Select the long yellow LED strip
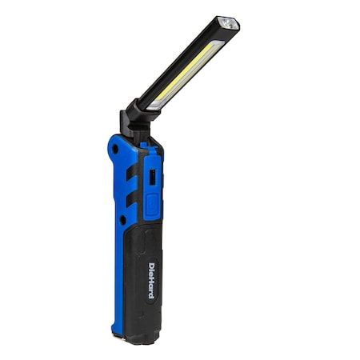tap(189, 73)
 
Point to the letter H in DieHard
tap(152, 278)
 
